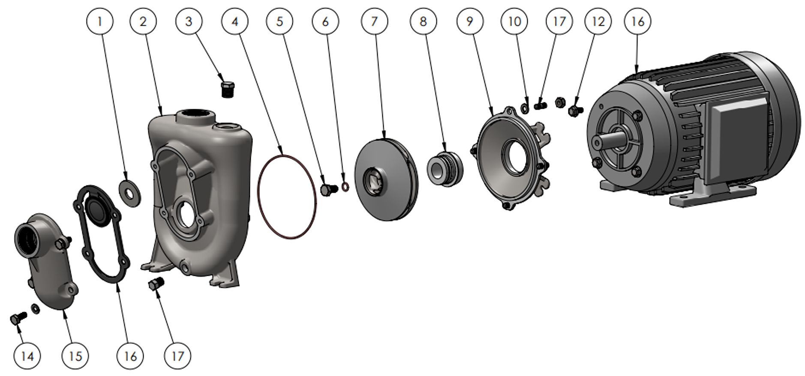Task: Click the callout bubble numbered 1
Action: click(100, 21)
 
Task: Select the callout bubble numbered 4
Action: click(235, 21)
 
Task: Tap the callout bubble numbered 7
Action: click(375, 21)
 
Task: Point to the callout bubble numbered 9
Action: click(470, 21)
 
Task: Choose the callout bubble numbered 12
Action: click(598, 21)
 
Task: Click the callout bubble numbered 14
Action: click(27, 355)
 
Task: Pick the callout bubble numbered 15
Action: click(75, 355)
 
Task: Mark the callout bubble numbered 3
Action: click(189, 21)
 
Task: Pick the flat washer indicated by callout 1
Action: click(129, 193)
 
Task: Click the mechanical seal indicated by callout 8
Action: click(445, 169)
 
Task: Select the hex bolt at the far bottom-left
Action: click(18, 318)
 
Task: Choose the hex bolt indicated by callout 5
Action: click(330, 189)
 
